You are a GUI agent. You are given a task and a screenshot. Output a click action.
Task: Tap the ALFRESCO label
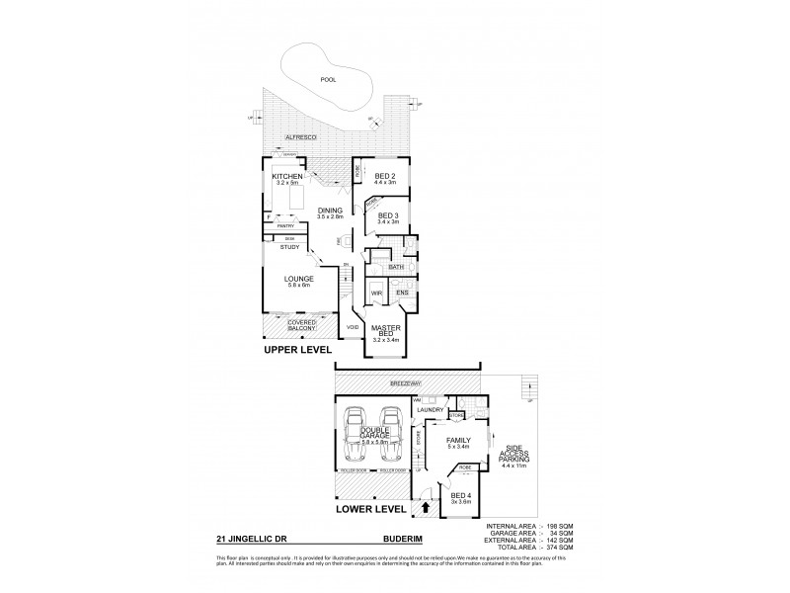coord(298,139)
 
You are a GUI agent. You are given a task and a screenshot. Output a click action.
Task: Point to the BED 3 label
coord(388,215)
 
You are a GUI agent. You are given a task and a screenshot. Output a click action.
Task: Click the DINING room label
coord(331,210)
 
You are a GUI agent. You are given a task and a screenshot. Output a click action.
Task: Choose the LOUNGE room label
coord(299,279)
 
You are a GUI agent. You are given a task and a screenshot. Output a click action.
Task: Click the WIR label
coord(376,294)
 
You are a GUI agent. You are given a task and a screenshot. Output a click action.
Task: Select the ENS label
coord(403,294)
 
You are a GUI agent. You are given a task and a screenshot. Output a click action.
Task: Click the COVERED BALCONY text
coord(302,325)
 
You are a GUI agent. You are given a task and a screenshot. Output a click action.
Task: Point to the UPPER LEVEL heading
coord(296,350)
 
